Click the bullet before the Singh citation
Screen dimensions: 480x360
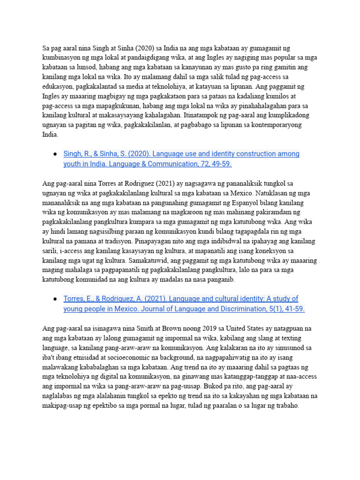pos(55,154)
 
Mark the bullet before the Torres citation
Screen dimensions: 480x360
pos(55,299)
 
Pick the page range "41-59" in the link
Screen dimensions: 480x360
pos(293,309)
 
